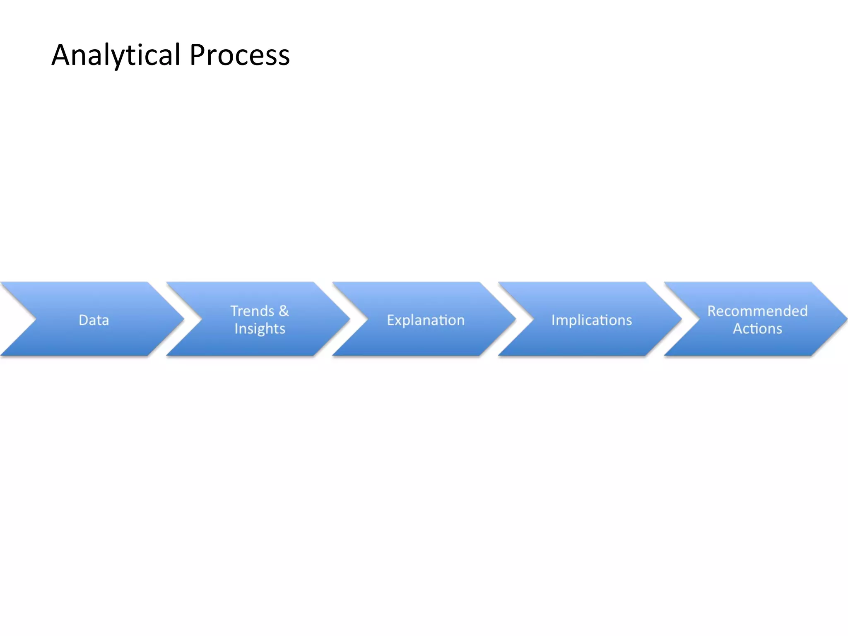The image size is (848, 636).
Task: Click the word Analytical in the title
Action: (x=116, y=55)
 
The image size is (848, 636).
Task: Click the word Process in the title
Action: (x=239, y=55)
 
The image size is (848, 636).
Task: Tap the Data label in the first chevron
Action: (x=94, y=320)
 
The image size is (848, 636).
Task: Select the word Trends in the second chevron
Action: (x=252, y=311)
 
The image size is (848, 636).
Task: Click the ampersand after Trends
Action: (x=284, y=311)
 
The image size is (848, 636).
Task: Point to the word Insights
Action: (x=260, y=329)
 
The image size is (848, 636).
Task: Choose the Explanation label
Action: (x=426, y=320)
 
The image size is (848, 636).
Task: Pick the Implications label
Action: (x=592, y=320)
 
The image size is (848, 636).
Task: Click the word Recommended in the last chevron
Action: (x=757, y=311)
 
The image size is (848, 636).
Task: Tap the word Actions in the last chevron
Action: (x=757, y=329)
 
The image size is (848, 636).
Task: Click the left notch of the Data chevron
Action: (x=35, y=319)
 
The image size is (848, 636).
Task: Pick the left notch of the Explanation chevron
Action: (x=367, y=319)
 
